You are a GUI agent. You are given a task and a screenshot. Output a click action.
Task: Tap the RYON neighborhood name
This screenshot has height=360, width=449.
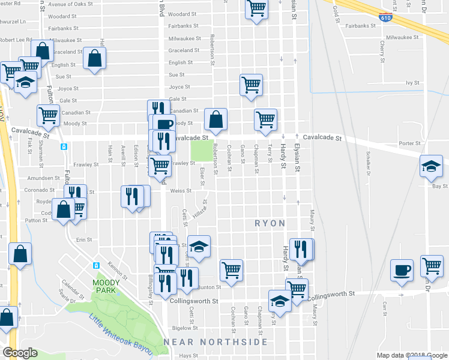point(270,223)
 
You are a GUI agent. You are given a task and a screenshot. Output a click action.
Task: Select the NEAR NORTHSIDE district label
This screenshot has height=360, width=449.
point(216,342)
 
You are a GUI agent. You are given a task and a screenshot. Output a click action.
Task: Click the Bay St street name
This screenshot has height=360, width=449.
point(440,187)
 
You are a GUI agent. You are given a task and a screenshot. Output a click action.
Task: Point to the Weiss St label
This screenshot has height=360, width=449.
point(180,191)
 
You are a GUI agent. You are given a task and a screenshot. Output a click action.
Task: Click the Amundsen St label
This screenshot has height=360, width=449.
point(41,179)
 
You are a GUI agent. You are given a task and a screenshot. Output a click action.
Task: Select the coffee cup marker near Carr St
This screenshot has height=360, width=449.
point(401,269)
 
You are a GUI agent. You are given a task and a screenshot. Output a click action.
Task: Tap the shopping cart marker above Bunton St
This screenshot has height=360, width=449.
point(231,269)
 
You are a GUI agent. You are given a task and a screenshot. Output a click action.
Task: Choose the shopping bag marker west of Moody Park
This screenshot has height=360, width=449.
point(20,253)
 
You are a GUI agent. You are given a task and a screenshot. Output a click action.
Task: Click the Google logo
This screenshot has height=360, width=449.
point(20,352)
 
